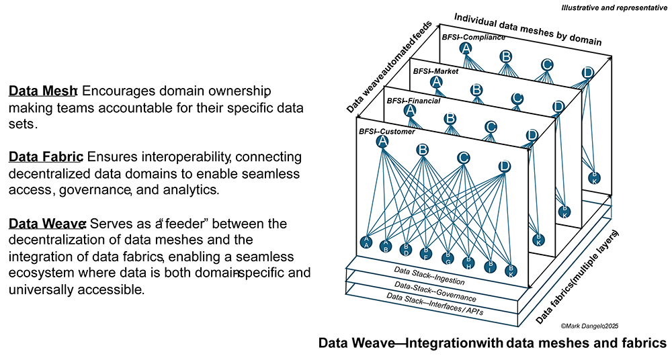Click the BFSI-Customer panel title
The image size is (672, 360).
386,132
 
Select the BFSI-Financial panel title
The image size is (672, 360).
413,101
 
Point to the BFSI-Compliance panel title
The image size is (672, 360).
473,38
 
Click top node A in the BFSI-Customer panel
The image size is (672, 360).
382,142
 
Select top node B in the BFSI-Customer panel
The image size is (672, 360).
423,149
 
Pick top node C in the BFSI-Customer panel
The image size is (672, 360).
463,158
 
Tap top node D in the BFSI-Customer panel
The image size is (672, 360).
504,166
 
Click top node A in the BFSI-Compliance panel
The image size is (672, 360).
466,48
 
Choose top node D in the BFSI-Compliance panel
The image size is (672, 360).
587,73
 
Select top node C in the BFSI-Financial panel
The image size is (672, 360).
491,126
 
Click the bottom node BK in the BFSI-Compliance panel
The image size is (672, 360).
594,178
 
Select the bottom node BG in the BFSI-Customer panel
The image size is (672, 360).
447,257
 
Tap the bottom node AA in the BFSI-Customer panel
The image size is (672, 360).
366,242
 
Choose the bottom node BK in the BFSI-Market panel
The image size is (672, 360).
564,212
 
